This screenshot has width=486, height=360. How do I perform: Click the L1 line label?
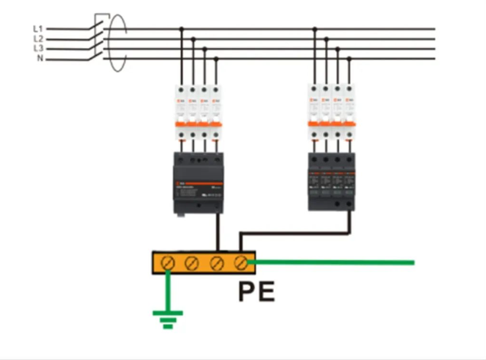click(x=38, y=29)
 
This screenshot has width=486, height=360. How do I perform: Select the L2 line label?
click(x=38, y=39)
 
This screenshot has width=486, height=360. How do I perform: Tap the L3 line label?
click(x=38, y=48)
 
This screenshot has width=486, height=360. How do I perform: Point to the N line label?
click(x=40, y=58)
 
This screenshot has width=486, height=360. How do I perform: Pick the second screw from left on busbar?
click(x=193, y=263)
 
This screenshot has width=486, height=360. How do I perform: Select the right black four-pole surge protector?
click(x=332, y=180)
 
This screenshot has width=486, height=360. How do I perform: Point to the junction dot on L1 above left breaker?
click(x=181, y=30)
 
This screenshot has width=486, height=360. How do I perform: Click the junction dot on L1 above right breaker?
click(x=315, y=30)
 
